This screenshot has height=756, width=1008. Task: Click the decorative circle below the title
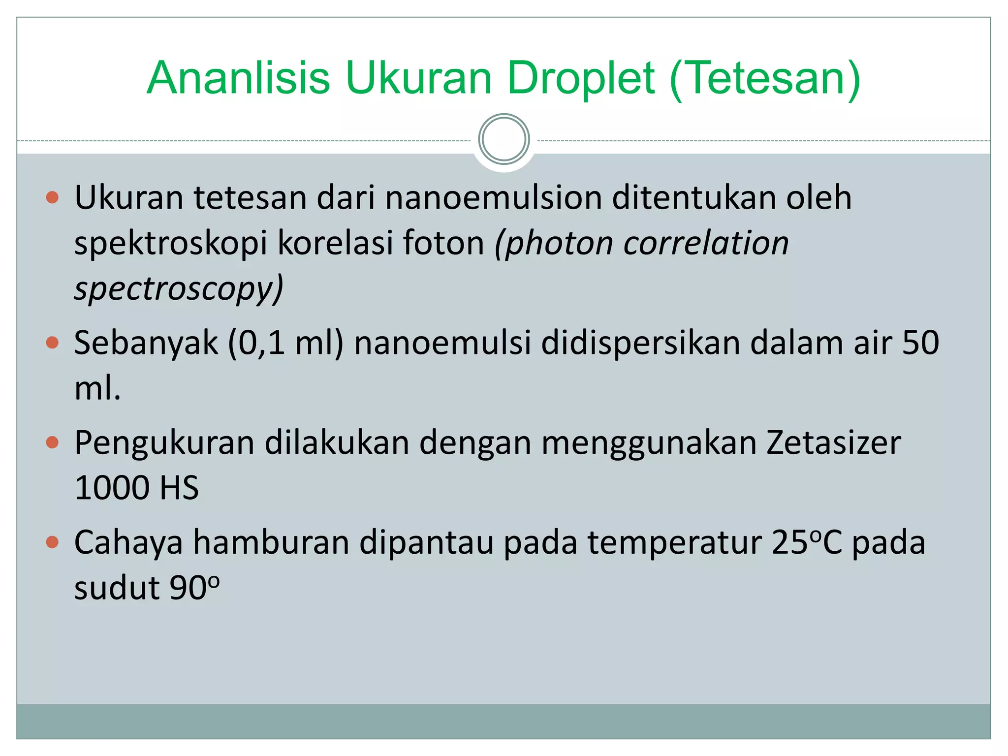pos(504,139)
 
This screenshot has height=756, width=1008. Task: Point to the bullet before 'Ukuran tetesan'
pos(52,198)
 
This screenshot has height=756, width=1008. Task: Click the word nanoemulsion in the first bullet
pos(494,198)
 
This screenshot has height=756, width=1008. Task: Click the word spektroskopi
pos(171,243)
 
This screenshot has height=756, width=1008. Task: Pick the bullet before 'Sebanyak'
pos(52,343)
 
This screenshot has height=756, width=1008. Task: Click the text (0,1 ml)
pos(285,343)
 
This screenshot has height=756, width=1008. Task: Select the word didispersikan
pos(640,343)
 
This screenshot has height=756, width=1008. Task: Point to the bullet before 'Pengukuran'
pos(52,442)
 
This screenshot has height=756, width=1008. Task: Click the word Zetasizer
pos(834,442)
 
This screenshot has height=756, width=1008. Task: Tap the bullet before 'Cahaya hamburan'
pos(52,542)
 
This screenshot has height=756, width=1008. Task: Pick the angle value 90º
pos(194,588)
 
